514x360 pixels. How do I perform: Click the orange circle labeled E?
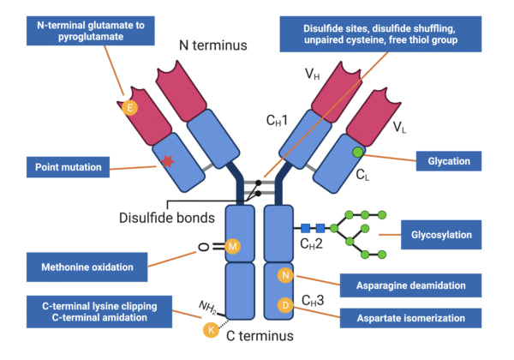tap(130, 108)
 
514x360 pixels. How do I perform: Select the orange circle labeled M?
tap(234, 247)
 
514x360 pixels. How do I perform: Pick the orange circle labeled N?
tap(286, 275)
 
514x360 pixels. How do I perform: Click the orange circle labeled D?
tap(286, 304)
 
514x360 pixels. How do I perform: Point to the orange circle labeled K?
tap(208, 328)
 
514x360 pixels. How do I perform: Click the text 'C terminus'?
tap(260, 336)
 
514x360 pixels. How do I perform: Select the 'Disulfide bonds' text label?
tap(167, 218)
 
